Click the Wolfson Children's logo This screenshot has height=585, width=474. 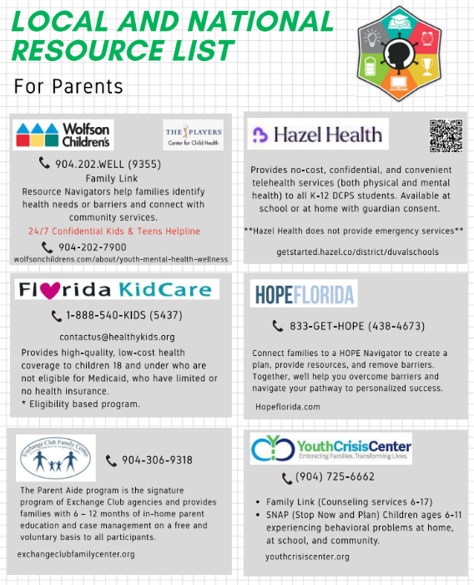(x=63, y=134)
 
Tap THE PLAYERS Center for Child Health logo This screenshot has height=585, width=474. (x=193, y=134)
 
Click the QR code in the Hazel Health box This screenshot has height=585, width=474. (x=446, y=136)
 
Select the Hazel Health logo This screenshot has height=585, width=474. (x=317, y=134)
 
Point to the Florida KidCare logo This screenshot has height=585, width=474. (x=117, y=289)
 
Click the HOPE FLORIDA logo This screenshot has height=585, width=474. (x=304, y=294)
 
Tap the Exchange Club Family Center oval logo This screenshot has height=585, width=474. (x=56, y=457)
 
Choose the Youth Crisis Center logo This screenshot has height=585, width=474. (x=331, y=450)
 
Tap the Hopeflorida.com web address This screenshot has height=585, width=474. (x=288, y=407)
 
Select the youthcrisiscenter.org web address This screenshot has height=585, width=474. (x=307, y=556)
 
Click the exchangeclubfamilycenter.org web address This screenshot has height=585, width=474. (x=76, y=554)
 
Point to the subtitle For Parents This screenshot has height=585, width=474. (x=68, y=86)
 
